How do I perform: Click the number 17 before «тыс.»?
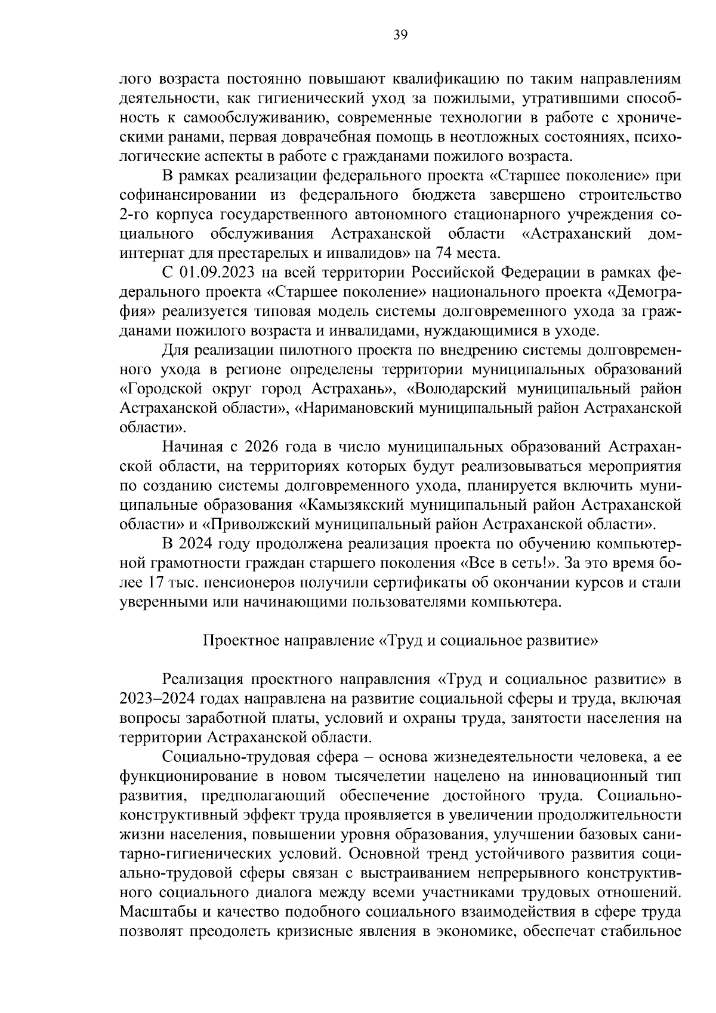tap(156, 582)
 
